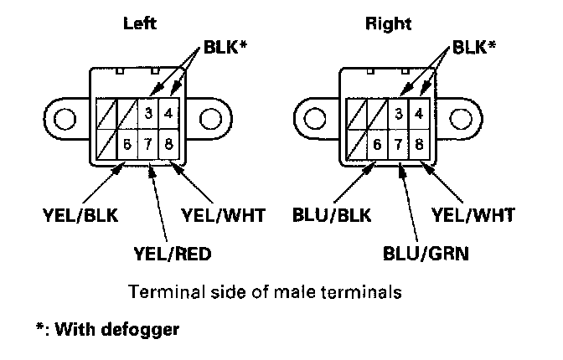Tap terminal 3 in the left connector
coord(148,112)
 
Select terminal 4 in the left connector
coord(169,112)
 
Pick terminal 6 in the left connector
coord(127,142)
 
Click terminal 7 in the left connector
coord(148,142)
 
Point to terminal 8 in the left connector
coord(169,142)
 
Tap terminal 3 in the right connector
coord(399,112)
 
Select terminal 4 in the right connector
coord(420,112)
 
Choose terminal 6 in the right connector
coord(378,142)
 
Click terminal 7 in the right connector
coord(399,142)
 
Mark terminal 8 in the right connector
coord(420,142)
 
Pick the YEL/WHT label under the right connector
coord(474,215)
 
